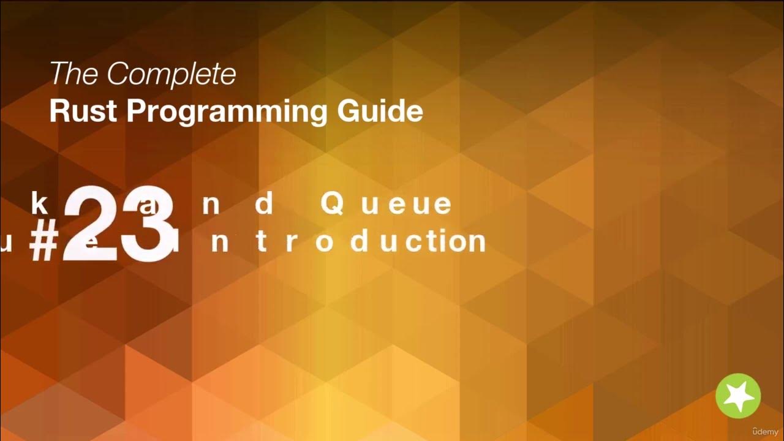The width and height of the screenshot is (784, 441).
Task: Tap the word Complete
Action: (x=171, y=75)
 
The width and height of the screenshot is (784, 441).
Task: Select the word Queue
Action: (x=386, y=205)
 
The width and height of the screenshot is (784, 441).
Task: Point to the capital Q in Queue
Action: (x=332, y=205)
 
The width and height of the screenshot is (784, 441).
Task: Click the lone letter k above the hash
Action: (x=39, y=204)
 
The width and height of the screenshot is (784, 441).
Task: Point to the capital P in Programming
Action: (x=138, y=111)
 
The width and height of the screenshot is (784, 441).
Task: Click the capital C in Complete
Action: (x=117, y=75)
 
